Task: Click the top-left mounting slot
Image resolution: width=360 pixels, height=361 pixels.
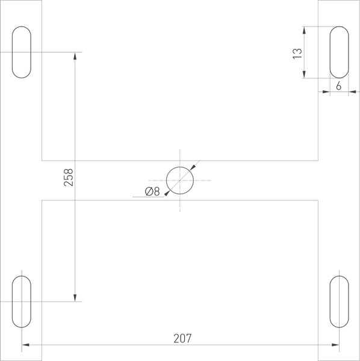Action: pos(22,52)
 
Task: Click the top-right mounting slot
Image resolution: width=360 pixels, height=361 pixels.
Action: pos(339,52)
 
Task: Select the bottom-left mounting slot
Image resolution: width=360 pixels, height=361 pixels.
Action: pos(22,301)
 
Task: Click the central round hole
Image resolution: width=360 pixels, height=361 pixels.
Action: pos(180,180)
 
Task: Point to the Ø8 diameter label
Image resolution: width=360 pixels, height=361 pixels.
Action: pos(152,191)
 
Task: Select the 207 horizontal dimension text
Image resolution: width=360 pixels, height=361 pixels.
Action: pos(180,338)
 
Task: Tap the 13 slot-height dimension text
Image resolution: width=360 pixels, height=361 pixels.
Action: pos(296,53)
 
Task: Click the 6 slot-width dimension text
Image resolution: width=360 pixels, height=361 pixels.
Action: pos(339,86)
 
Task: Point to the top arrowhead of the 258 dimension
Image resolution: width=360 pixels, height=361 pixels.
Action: pos(75,56)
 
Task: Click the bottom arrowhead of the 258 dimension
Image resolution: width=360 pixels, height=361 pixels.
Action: pos(75,297)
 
